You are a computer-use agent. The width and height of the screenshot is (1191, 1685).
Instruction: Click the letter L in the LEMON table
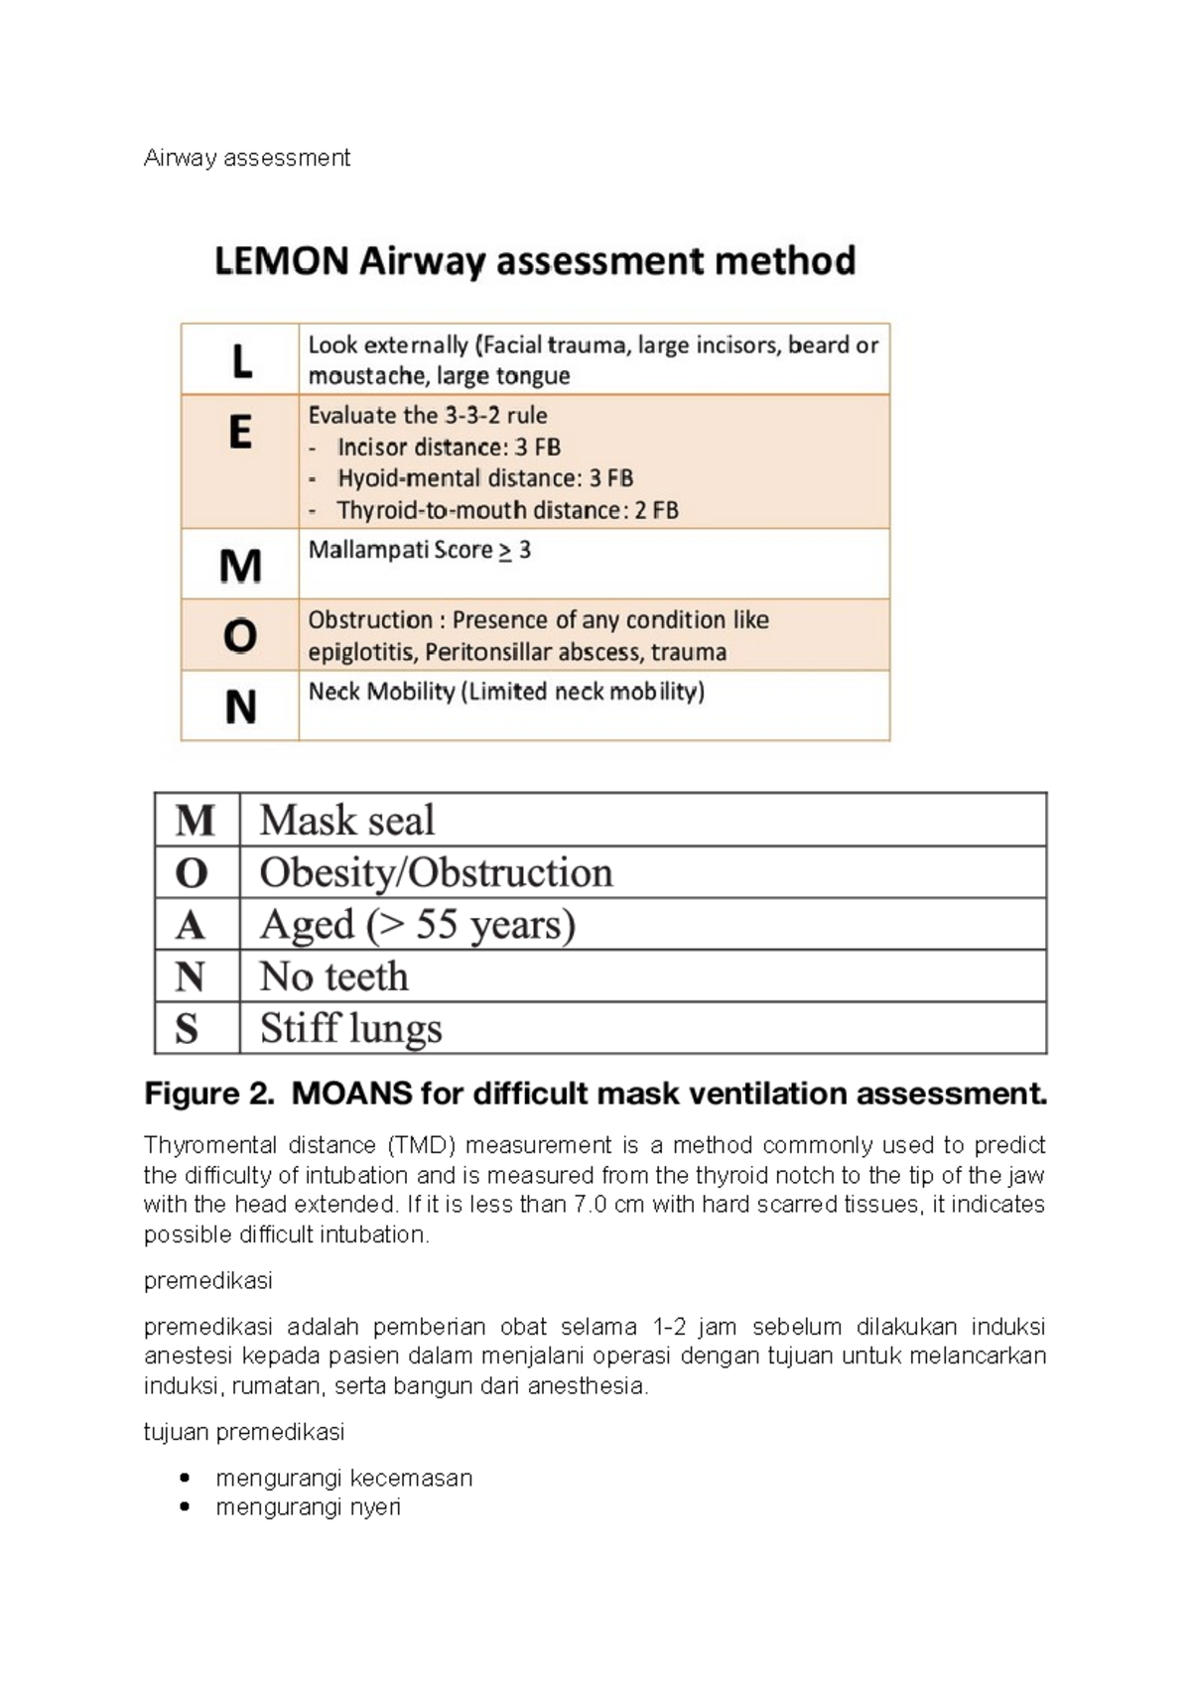[x=241, y=360]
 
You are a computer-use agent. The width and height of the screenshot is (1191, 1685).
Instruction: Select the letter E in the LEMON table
[x=240, y=433]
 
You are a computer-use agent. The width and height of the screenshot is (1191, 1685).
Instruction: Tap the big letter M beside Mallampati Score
[x=240, y=566]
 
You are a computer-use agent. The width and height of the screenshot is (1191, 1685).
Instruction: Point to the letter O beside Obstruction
[x=240, y=636]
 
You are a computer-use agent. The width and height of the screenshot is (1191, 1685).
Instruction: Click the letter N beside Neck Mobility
[x=240, y=708]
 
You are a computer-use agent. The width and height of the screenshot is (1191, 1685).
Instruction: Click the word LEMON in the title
[x=282, y=261]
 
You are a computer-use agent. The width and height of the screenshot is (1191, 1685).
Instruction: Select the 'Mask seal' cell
[x=347, y=821]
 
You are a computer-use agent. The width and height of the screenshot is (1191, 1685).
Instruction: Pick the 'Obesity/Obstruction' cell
[x=436, y=873]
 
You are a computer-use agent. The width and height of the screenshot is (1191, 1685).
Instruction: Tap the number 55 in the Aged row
[x=437, y=925]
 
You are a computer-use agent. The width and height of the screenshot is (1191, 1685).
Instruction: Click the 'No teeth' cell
[x=333, y=976]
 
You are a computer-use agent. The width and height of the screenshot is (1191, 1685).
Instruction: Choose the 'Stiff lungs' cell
[x=350, y=1028]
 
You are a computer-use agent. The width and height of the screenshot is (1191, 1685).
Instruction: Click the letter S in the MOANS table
[x=187, y=1029]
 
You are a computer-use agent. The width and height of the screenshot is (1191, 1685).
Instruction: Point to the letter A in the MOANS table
[x=190, y=926]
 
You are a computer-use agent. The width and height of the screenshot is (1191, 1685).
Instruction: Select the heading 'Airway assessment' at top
[x=246, y=158]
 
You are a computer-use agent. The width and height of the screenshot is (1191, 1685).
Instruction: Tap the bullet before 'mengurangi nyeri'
[x=184, y=1506]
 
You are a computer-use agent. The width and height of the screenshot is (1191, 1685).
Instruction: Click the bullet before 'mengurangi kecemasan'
[x=184, y=1478]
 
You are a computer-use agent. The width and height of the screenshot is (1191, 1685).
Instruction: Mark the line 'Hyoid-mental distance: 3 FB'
[x=484, y=478]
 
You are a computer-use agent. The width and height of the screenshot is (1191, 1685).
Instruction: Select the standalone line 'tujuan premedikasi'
[x=244, y=1432]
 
